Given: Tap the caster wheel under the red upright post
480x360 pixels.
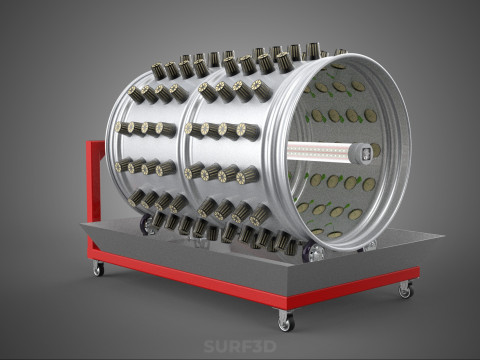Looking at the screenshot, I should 98,268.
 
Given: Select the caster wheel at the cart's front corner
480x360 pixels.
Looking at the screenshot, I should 286,321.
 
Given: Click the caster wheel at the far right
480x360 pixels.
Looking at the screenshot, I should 405,290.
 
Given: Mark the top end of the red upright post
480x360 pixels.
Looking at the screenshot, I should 95,144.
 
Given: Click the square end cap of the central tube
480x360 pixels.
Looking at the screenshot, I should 365,151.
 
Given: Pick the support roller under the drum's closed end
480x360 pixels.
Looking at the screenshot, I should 151,225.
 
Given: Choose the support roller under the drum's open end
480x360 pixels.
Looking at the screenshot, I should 316,254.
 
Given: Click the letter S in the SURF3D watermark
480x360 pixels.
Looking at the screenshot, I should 211,344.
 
